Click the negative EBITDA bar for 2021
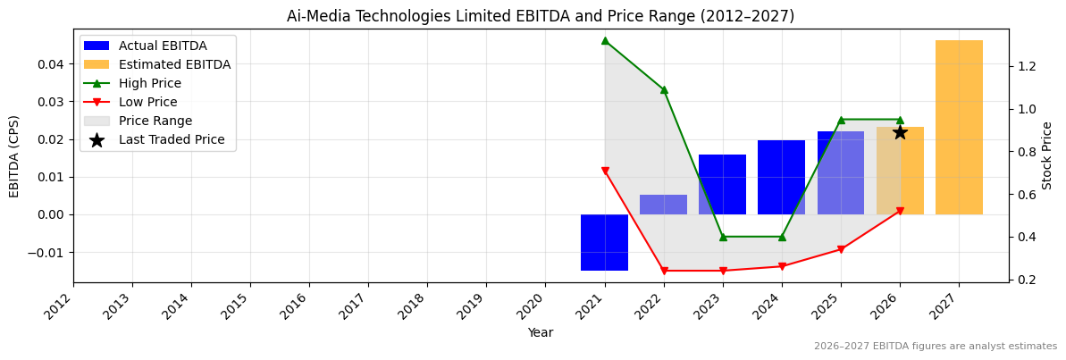pyautogui.click(x=604, y=242)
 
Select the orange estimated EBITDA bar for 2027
pyautogui.click(x=959, y=127)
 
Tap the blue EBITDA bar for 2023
pyautogui.click(x=722, y=184)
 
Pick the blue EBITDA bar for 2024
pyautogui.click(x=781, y=177)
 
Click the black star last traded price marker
pyautogui.click(x=900, y=132)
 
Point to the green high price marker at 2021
pyautogui.click(x=605, y=40)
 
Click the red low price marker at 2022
pyautogui.click(x=664, y=271)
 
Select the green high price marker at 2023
pyautogui.click(x=723, y=237)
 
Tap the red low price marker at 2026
pyautogui.click(x=900, y=211)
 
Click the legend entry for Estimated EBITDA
pyautogui.click(x=174, y=64)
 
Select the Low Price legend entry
pyautogui.click(x=147, y=102)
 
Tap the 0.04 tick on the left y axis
pyautogui.click(x=50, y=64)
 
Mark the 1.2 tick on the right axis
pyautogui.click(x=1027, y=66)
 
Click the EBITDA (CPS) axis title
pyautogui.click(x=14, y=155)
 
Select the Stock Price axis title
pyautogui.click(x=1047, y=155)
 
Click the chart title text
pyautogui.click(x=540, y=16)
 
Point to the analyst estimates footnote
pyautogui.click(x=935, y=347)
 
